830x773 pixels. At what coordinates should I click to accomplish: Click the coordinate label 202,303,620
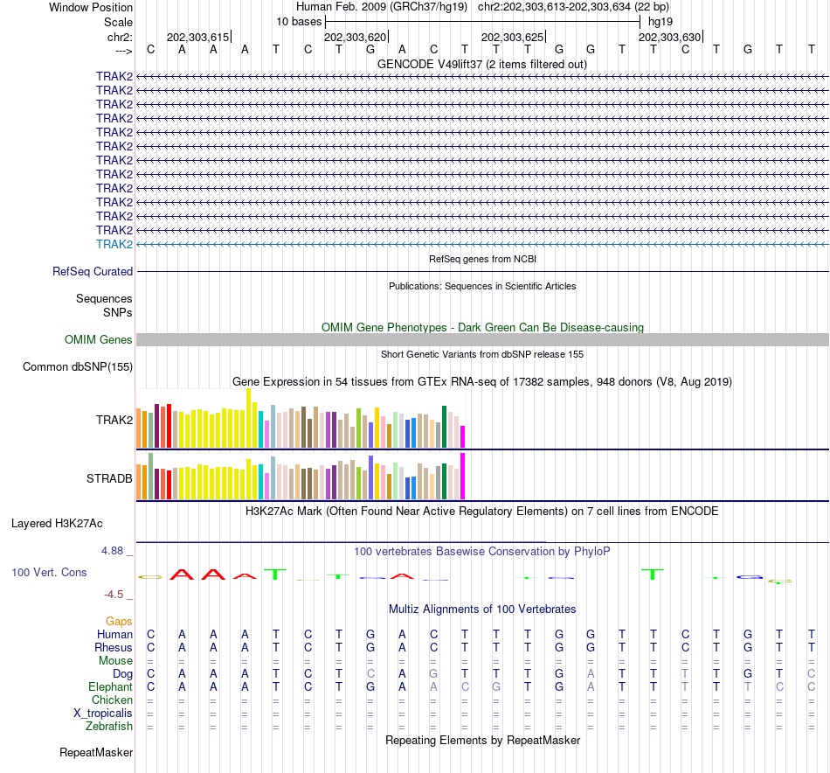(x=355, y=38)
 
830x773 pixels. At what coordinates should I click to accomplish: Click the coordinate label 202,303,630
(x=669, y=38)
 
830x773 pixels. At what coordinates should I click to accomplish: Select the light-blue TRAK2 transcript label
(x=114, y=244)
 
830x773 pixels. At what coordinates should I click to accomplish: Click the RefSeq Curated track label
(x=93, y=272)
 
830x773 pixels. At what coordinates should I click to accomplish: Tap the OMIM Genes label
(x=99, y=339)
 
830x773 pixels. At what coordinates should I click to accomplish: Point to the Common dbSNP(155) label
(x=78, y=366)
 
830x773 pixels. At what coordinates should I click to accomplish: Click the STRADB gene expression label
(x=109, y=478)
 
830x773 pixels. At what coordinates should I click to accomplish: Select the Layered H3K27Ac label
(x=57, y=524)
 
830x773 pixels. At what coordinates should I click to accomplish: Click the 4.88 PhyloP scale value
(x=114, y=551)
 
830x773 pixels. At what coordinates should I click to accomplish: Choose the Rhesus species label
(x=114, y=648)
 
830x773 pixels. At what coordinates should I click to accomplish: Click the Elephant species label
(x=111, y=687)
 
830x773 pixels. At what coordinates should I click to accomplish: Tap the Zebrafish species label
(x=109, y=727)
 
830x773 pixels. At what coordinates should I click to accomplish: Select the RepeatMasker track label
(x=96, y=752)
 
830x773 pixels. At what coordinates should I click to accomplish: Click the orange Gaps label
(x=119, y=621)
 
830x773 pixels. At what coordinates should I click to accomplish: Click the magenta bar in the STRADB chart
(x=463, y=477)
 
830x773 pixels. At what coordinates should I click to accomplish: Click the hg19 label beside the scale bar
(x=661, y=20)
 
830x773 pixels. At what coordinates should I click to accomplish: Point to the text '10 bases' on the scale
(x=299, y=20)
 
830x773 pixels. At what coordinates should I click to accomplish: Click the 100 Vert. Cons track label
(x=49, y=572)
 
